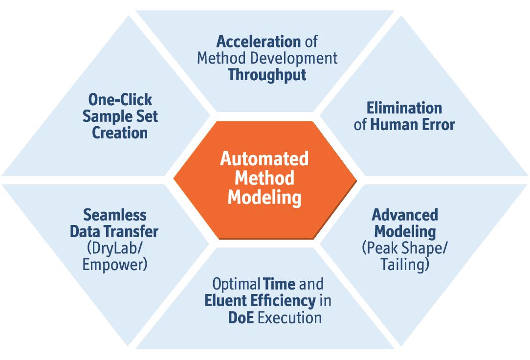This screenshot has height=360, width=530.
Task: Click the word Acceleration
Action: point(259,42)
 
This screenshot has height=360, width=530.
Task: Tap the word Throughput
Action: point(267,75)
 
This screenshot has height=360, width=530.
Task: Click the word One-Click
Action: point(120,100)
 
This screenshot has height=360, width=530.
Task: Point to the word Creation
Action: point(120,133)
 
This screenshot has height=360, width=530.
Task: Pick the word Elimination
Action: point(404,108)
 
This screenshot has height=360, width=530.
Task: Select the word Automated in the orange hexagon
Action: point(265,158)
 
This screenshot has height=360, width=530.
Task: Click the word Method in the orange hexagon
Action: point(265,178)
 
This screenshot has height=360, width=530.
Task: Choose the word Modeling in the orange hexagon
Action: point(265,198)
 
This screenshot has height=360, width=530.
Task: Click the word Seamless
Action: point(115,215)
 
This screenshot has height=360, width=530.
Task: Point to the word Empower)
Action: point(115,264)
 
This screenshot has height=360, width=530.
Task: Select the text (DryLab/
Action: point(115,248)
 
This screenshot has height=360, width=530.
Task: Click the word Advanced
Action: point(405,215)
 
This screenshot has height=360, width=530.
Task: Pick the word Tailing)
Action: point(405,264)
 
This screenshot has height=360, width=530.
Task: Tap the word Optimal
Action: point(236,284)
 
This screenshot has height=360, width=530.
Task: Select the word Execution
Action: point(289,318)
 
